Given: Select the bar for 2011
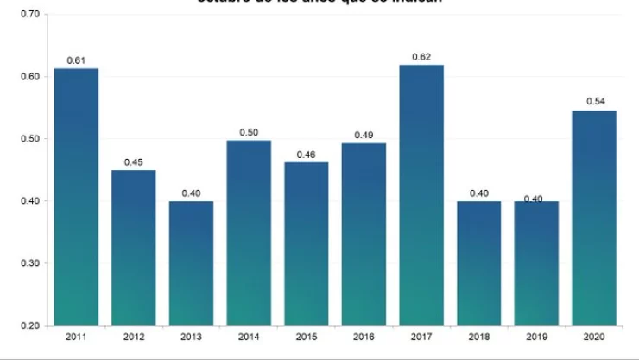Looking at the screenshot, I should pyautogui.click(x=76, y=197).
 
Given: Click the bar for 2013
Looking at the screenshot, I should pyautogui.click(x=191, y=263).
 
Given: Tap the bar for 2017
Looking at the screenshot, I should pyautogui.click(x=421, y=195).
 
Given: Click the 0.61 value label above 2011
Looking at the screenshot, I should pyautogui.click(x=76, y=60).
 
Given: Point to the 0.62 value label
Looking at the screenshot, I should pyautogui.click(x=421, y=56).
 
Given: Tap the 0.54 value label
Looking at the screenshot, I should pyautogui.click(x=595, y=101).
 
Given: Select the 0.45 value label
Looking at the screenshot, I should pyautogui.click(x=133, y=161).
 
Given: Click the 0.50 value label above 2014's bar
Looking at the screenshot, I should pyautogui.click(x=249, y=131).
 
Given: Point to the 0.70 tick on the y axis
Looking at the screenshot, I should pyautogui.click(x=29, y=15).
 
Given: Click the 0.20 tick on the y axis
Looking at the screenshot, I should pyautogui.click(x=29, y=325).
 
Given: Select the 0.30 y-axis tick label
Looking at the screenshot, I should pyautogui.click(x=29, y=263).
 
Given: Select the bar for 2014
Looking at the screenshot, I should pyautogui.click(x=249, y=233).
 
